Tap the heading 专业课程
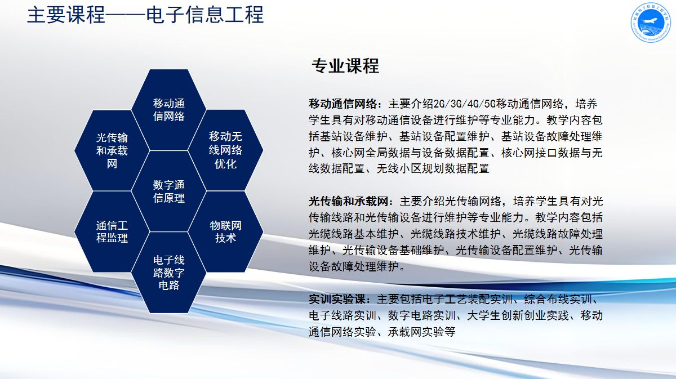(x=345, y=66)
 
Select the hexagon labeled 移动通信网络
(x=168, y=110)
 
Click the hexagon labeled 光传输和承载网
(x=112, y=150)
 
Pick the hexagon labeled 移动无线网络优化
(x=225, y=150)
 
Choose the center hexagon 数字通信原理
(x=168, y=191)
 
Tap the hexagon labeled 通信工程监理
(x=112, y=232)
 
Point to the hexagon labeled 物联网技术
(x=225, y=232)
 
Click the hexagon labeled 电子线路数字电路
(x=168, y=273)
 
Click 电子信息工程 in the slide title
(x=205, y=15)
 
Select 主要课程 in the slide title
(x=66, y=15)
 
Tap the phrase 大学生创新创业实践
(x=518, y=315)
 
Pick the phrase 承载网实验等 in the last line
(x=421, y=332)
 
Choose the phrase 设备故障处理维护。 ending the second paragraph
(x=357, y=266)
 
